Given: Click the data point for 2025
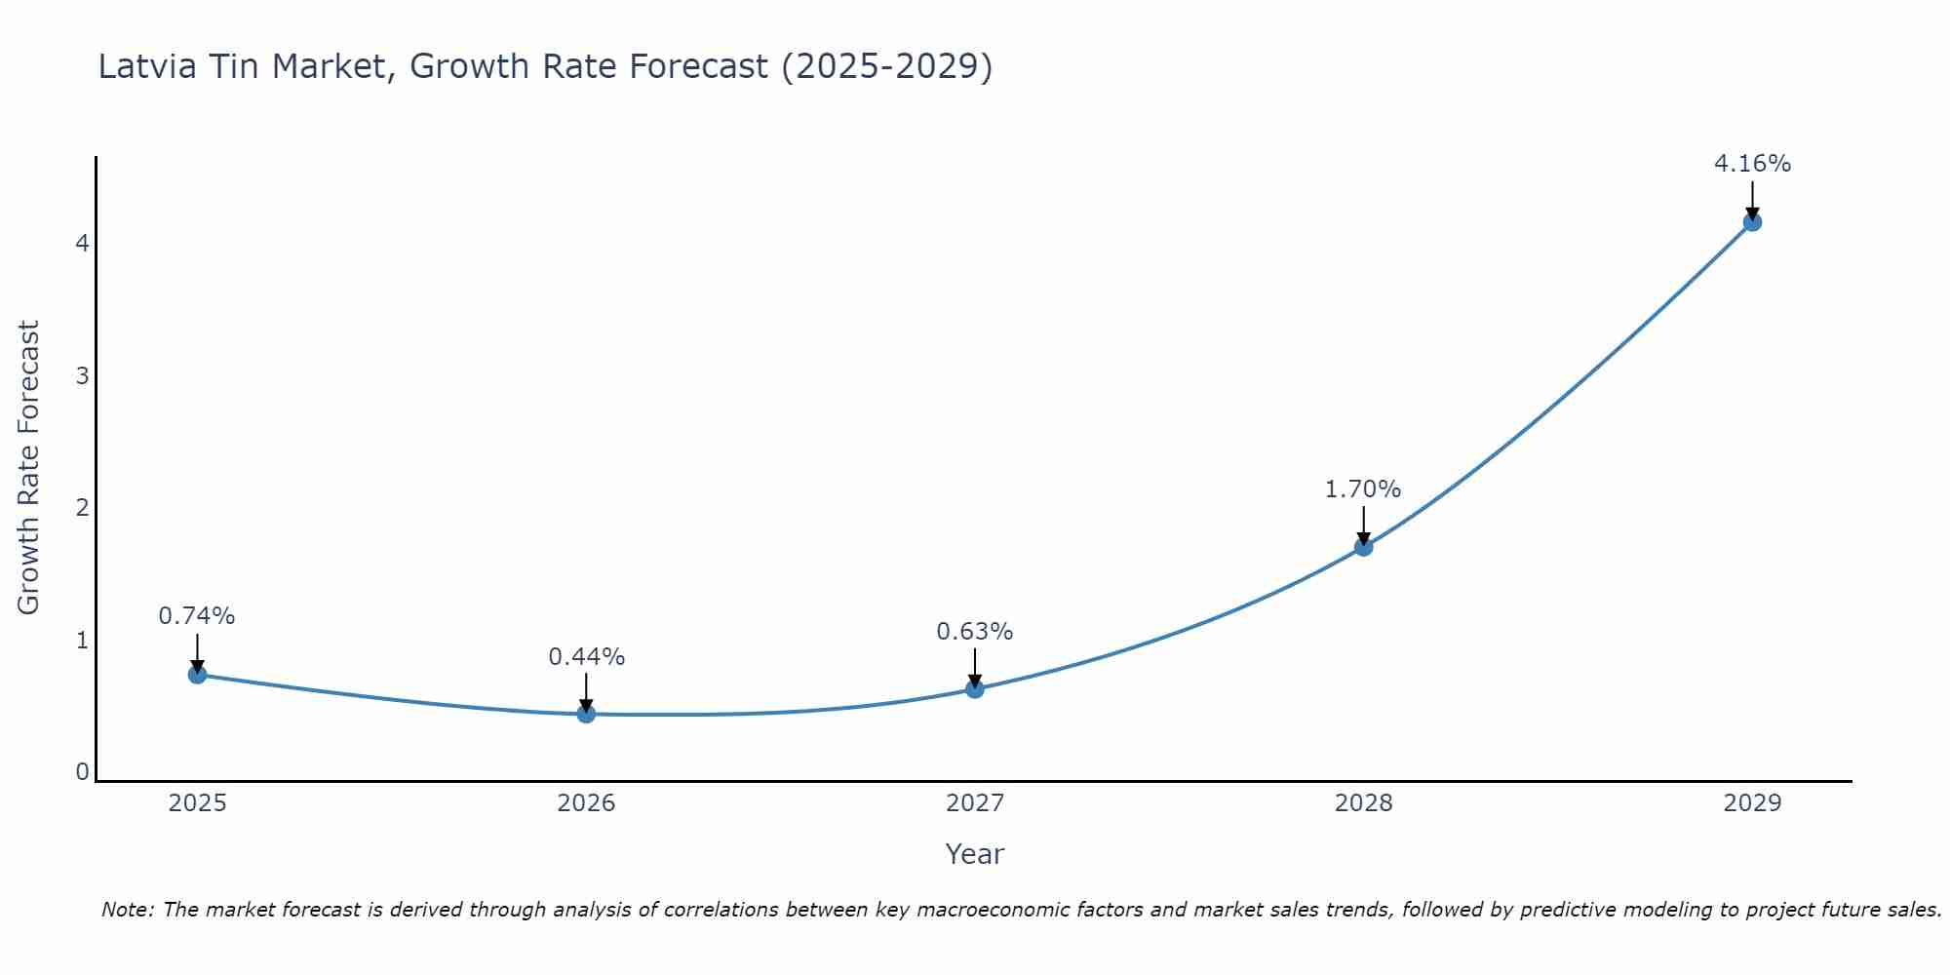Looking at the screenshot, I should [197, 674].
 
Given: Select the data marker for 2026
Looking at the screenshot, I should [586, 714].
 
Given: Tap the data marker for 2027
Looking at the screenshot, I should [975, 689].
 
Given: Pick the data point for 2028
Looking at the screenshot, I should [1363, 547].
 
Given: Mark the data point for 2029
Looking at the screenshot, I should [1752, 222].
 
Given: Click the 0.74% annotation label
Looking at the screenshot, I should [197, 616].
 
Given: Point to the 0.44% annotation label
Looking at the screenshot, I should [586, 657].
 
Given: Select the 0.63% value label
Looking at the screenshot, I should [975, 632].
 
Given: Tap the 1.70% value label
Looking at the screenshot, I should [1363, 489].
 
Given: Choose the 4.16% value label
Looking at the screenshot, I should [1752, 164].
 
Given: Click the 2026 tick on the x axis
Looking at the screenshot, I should [586, 803].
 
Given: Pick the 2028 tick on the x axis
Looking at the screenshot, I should [1363, 803].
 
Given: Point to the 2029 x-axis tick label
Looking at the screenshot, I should [1752, 803].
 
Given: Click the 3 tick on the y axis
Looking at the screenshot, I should [83, 375].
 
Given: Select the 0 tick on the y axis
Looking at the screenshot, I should [83, 772].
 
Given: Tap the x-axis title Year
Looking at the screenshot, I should [975, 854].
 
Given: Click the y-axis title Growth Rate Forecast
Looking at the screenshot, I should [29, 468].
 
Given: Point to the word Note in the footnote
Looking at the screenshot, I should [127, 910].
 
